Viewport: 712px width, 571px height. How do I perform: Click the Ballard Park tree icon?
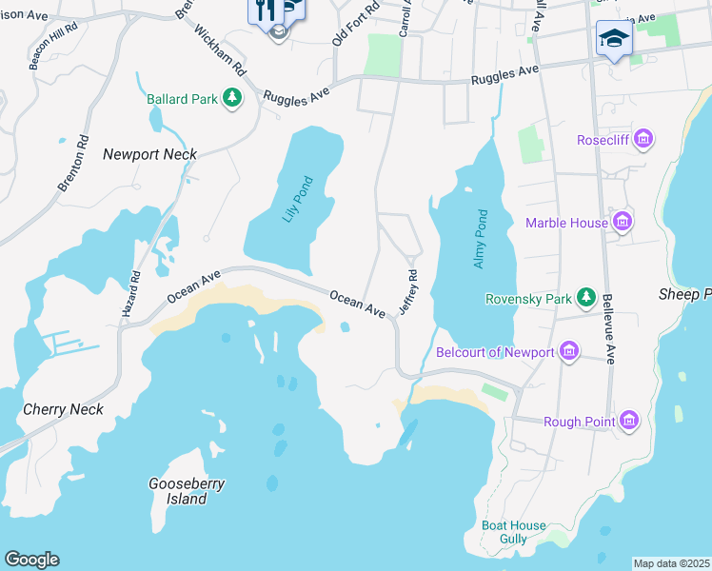[x=231, y=97]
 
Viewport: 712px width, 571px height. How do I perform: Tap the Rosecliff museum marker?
[x=644, y=140]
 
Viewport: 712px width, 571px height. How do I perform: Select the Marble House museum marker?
[x=623, y=223]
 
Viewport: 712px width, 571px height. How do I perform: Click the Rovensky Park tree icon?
[x=587, y=299]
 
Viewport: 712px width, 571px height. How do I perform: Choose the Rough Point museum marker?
[x=627, y=421]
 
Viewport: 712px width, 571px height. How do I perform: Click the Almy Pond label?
[x=481, y=238]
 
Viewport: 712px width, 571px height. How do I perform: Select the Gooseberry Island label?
[x=187, y=491]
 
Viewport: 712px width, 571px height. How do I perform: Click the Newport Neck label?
[x=149, y=154]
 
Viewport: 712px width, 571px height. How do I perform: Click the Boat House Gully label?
[x=514, y=532]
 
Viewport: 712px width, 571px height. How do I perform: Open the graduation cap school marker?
[x=614, y=39]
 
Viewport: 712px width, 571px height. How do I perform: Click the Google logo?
[x=31, y=560]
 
